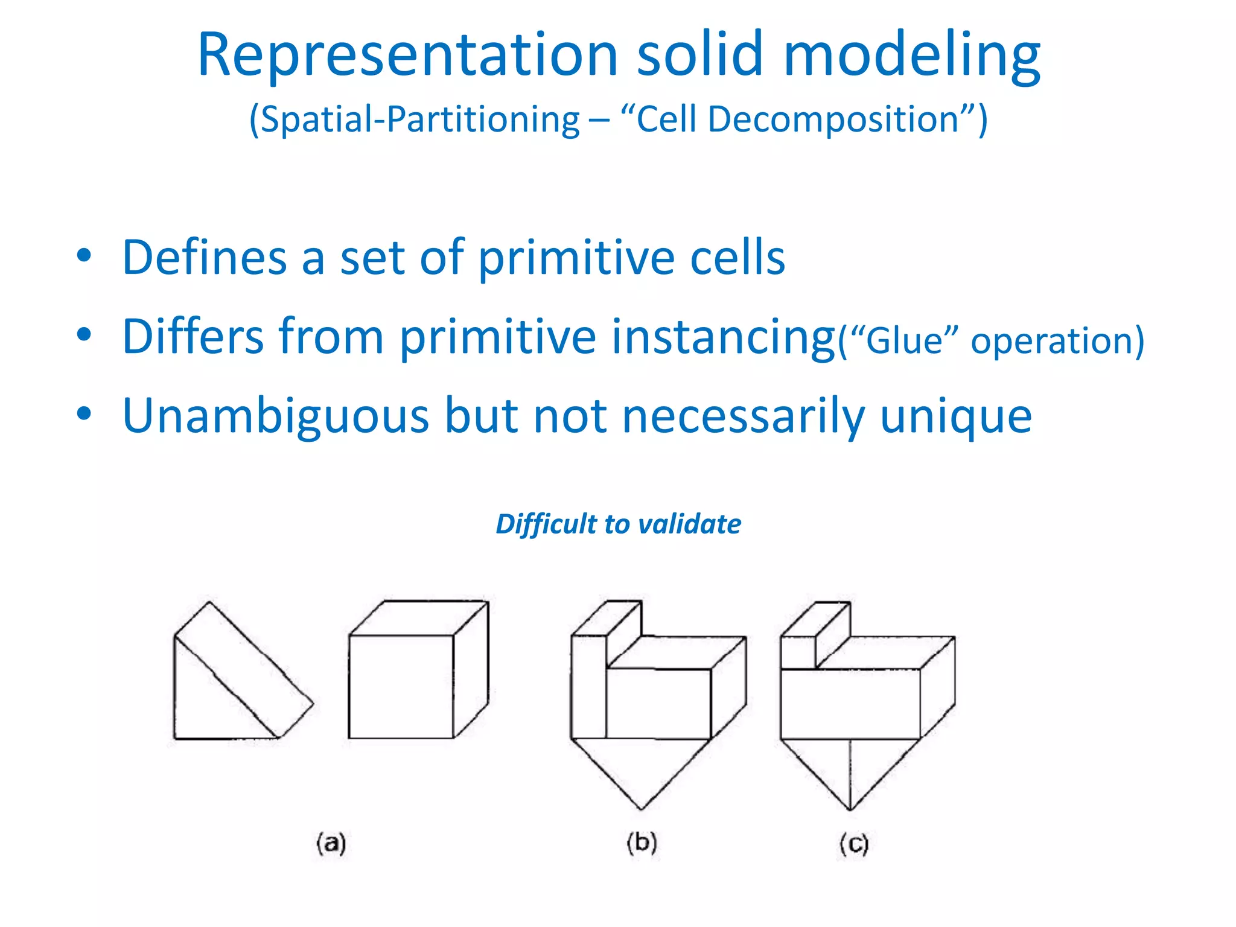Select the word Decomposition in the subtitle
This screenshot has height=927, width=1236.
[833, 119]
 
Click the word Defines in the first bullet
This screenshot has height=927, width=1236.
[205, 258]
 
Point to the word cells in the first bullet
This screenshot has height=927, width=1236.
[737, 258]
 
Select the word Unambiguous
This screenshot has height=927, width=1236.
[275, 416]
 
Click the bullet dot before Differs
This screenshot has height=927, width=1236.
[84, 334]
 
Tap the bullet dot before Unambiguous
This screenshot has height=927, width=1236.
[84, 414]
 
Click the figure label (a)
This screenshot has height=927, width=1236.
[331, 843]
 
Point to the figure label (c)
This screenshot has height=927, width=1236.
[853, 844]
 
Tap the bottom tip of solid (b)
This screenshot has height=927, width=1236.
[642, 808]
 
